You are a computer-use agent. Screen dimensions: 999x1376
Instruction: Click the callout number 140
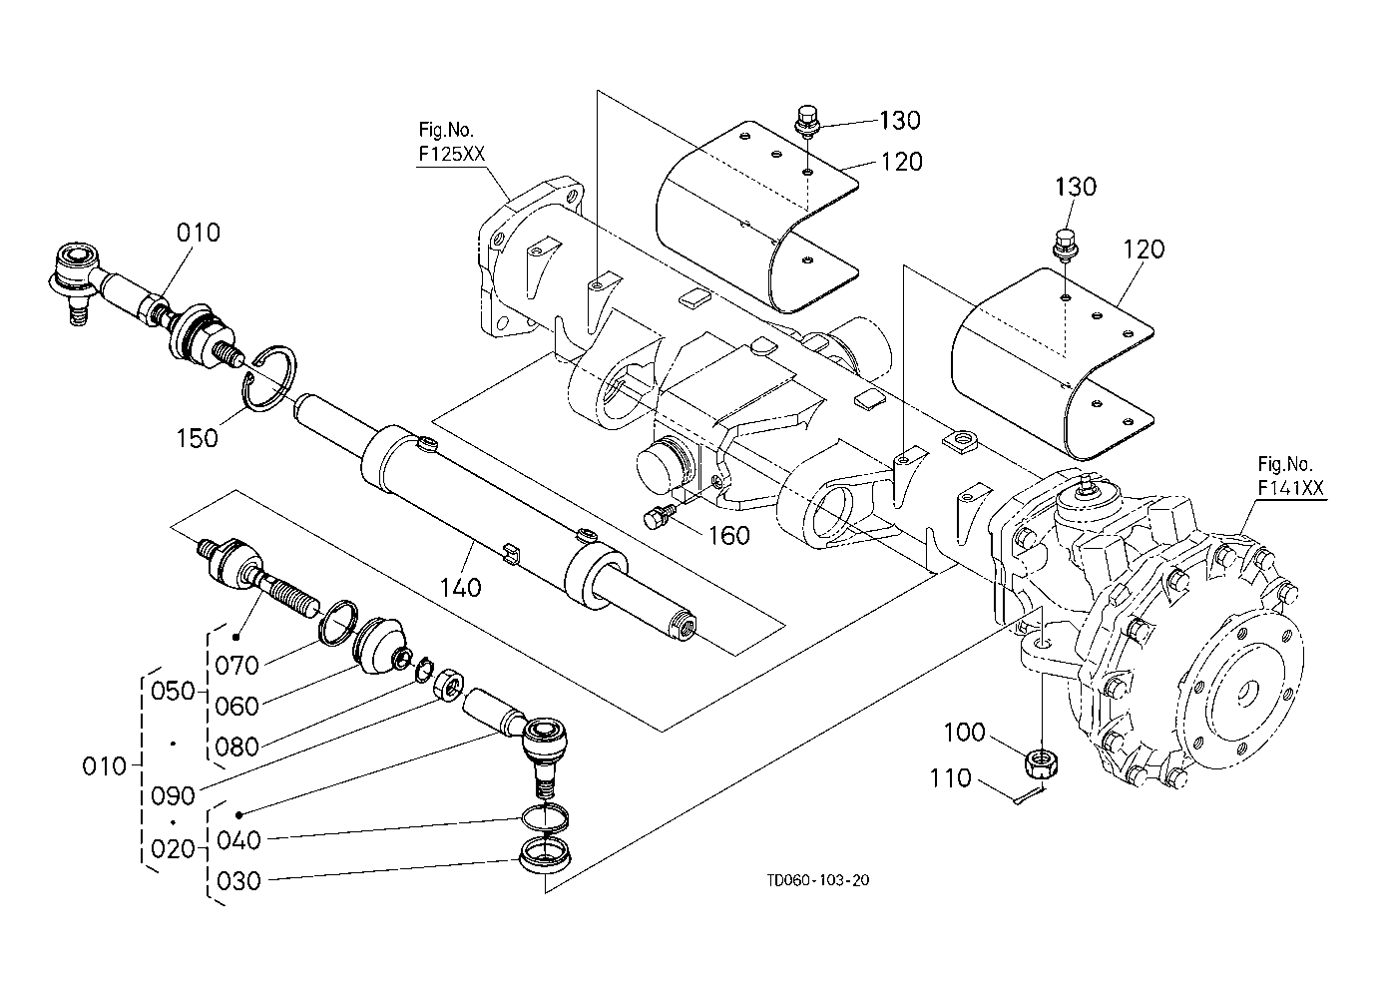[x=459, y=587]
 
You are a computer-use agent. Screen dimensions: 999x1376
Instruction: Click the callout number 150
[x=197, y=437]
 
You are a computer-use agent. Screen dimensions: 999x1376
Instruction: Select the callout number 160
[x=728, y=536]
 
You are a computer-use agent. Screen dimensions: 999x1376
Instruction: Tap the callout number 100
[x=964, y=734]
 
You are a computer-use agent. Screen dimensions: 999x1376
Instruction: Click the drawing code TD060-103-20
[x=818, y=880]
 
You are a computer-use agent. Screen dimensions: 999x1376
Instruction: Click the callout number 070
[x=236, y=665]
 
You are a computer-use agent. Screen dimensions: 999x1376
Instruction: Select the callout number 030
[x=236, y=881]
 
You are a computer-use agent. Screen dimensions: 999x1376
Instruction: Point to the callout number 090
[x=174, y=797]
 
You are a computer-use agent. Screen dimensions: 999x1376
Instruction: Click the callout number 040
[x=236, y=840]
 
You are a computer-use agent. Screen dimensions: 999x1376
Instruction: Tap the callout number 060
[x=236, y=706]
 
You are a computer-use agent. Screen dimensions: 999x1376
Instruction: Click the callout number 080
[x=236, y=747]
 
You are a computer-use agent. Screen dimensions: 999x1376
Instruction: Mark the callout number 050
[x=174, y=691]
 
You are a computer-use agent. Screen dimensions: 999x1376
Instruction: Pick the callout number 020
[x=174, y=849]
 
